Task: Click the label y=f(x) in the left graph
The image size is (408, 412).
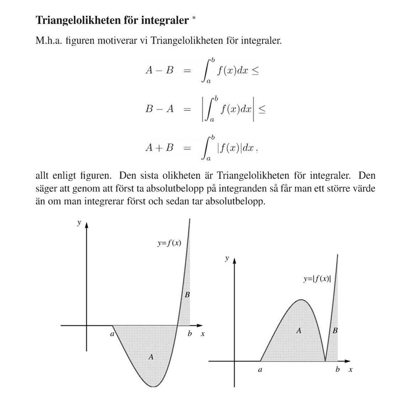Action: [169, 243]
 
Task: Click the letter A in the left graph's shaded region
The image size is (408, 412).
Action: [151, 357]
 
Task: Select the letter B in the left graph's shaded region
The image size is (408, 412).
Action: [187, 295]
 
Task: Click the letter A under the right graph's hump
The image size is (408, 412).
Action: [299, 330]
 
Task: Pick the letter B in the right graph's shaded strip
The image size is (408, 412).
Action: [335, 330]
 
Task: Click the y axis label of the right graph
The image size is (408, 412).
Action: [226, 259]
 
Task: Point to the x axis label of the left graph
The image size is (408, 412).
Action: [202, 334]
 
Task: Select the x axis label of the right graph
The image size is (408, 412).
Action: [350, 370]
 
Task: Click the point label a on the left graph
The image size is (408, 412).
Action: [112, 334]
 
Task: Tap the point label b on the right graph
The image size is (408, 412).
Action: [337, 370]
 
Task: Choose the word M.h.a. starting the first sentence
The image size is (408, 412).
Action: [49, 41]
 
